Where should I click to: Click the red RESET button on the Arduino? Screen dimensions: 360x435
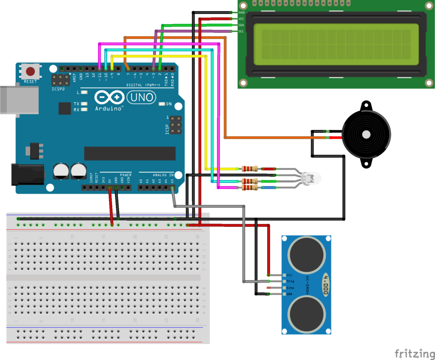point(31,71)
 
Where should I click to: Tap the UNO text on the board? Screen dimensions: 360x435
point(141,97)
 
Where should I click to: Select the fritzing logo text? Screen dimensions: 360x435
point(412,353)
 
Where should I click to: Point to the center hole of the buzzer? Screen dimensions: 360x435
point(365,135)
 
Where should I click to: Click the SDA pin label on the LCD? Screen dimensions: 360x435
point(241,25)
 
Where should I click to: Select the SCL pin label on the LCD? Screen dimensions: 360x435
point(241,31)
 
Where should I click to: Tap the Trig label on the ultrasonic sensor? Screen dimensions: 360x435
point(291,281)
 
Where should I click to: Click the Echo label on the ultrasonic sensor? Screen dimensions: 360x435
point(291,288)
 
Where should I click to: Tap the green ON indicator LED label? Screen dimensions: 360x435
point(169,104)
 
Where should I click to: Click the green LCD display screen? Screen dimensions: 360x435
point(336,44)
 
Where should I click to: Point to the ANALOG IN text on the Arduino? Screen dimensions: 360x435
point(163,174)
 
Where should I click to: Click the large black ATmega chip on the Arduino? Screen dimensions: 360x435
point(130,153)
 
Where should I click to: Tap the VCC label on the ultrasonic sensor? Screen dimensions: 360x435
point(290,276)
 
